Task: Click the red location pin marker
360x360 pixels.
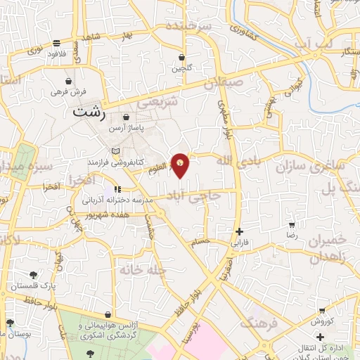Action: coord(181,165)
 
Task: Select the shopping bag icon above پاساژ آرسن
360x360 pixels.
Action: coord(126,117)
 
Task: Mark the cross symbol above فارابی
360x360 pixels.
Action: coord(240,231)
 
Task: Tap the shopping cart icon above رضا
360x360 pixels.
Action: coord(291,226)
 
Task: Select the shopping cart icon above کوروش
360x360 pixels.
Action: coord(321,311)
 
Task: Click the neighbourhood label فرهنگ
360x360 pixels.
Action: coord(257,323)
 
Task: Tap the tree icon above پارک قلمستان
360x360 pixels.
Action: coord(33,275)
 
